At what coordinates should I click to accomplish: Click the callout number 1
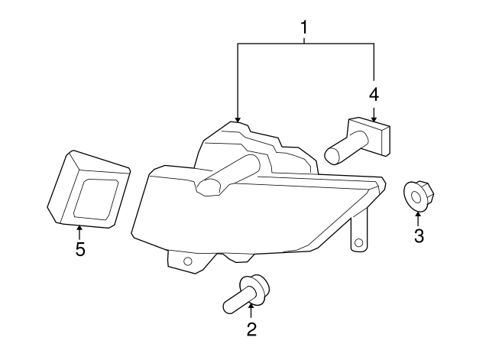[x=304, y=28]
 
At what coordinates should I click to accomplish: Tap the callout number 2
[x=251, y=329]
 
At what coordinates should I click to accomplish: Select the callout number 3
[x=419, y=235]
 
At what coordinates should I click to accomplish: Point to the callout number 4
[x=374, y=95]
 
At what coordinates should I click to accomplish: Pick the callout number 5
[x=80, y=249]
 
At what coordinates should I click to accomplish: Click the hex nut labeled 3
[x=419, y=195]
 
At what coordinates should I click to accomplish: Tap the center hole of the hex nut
[x=416, y=197]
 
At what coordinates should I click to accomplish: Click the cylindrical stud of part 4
[x=345, y=148]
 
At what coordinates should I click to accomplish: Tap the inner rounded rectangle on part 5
[x=96, y=199]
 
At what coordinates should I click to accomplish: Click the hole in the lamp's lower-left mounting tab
[x=187, y=261]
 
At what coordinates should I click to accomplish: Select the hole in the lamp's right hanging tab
[x=359, y=243]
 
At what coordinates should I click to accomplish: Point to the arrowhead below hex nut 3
[x=418, y=214]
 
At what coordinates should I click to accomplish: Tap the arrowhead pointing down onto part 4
[x=374, y=118]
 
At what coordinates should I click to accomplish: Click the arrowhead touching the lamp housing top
[x=238, y=119]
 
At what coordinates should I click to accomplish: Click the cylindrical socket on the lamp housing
[x=228, y=175]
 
